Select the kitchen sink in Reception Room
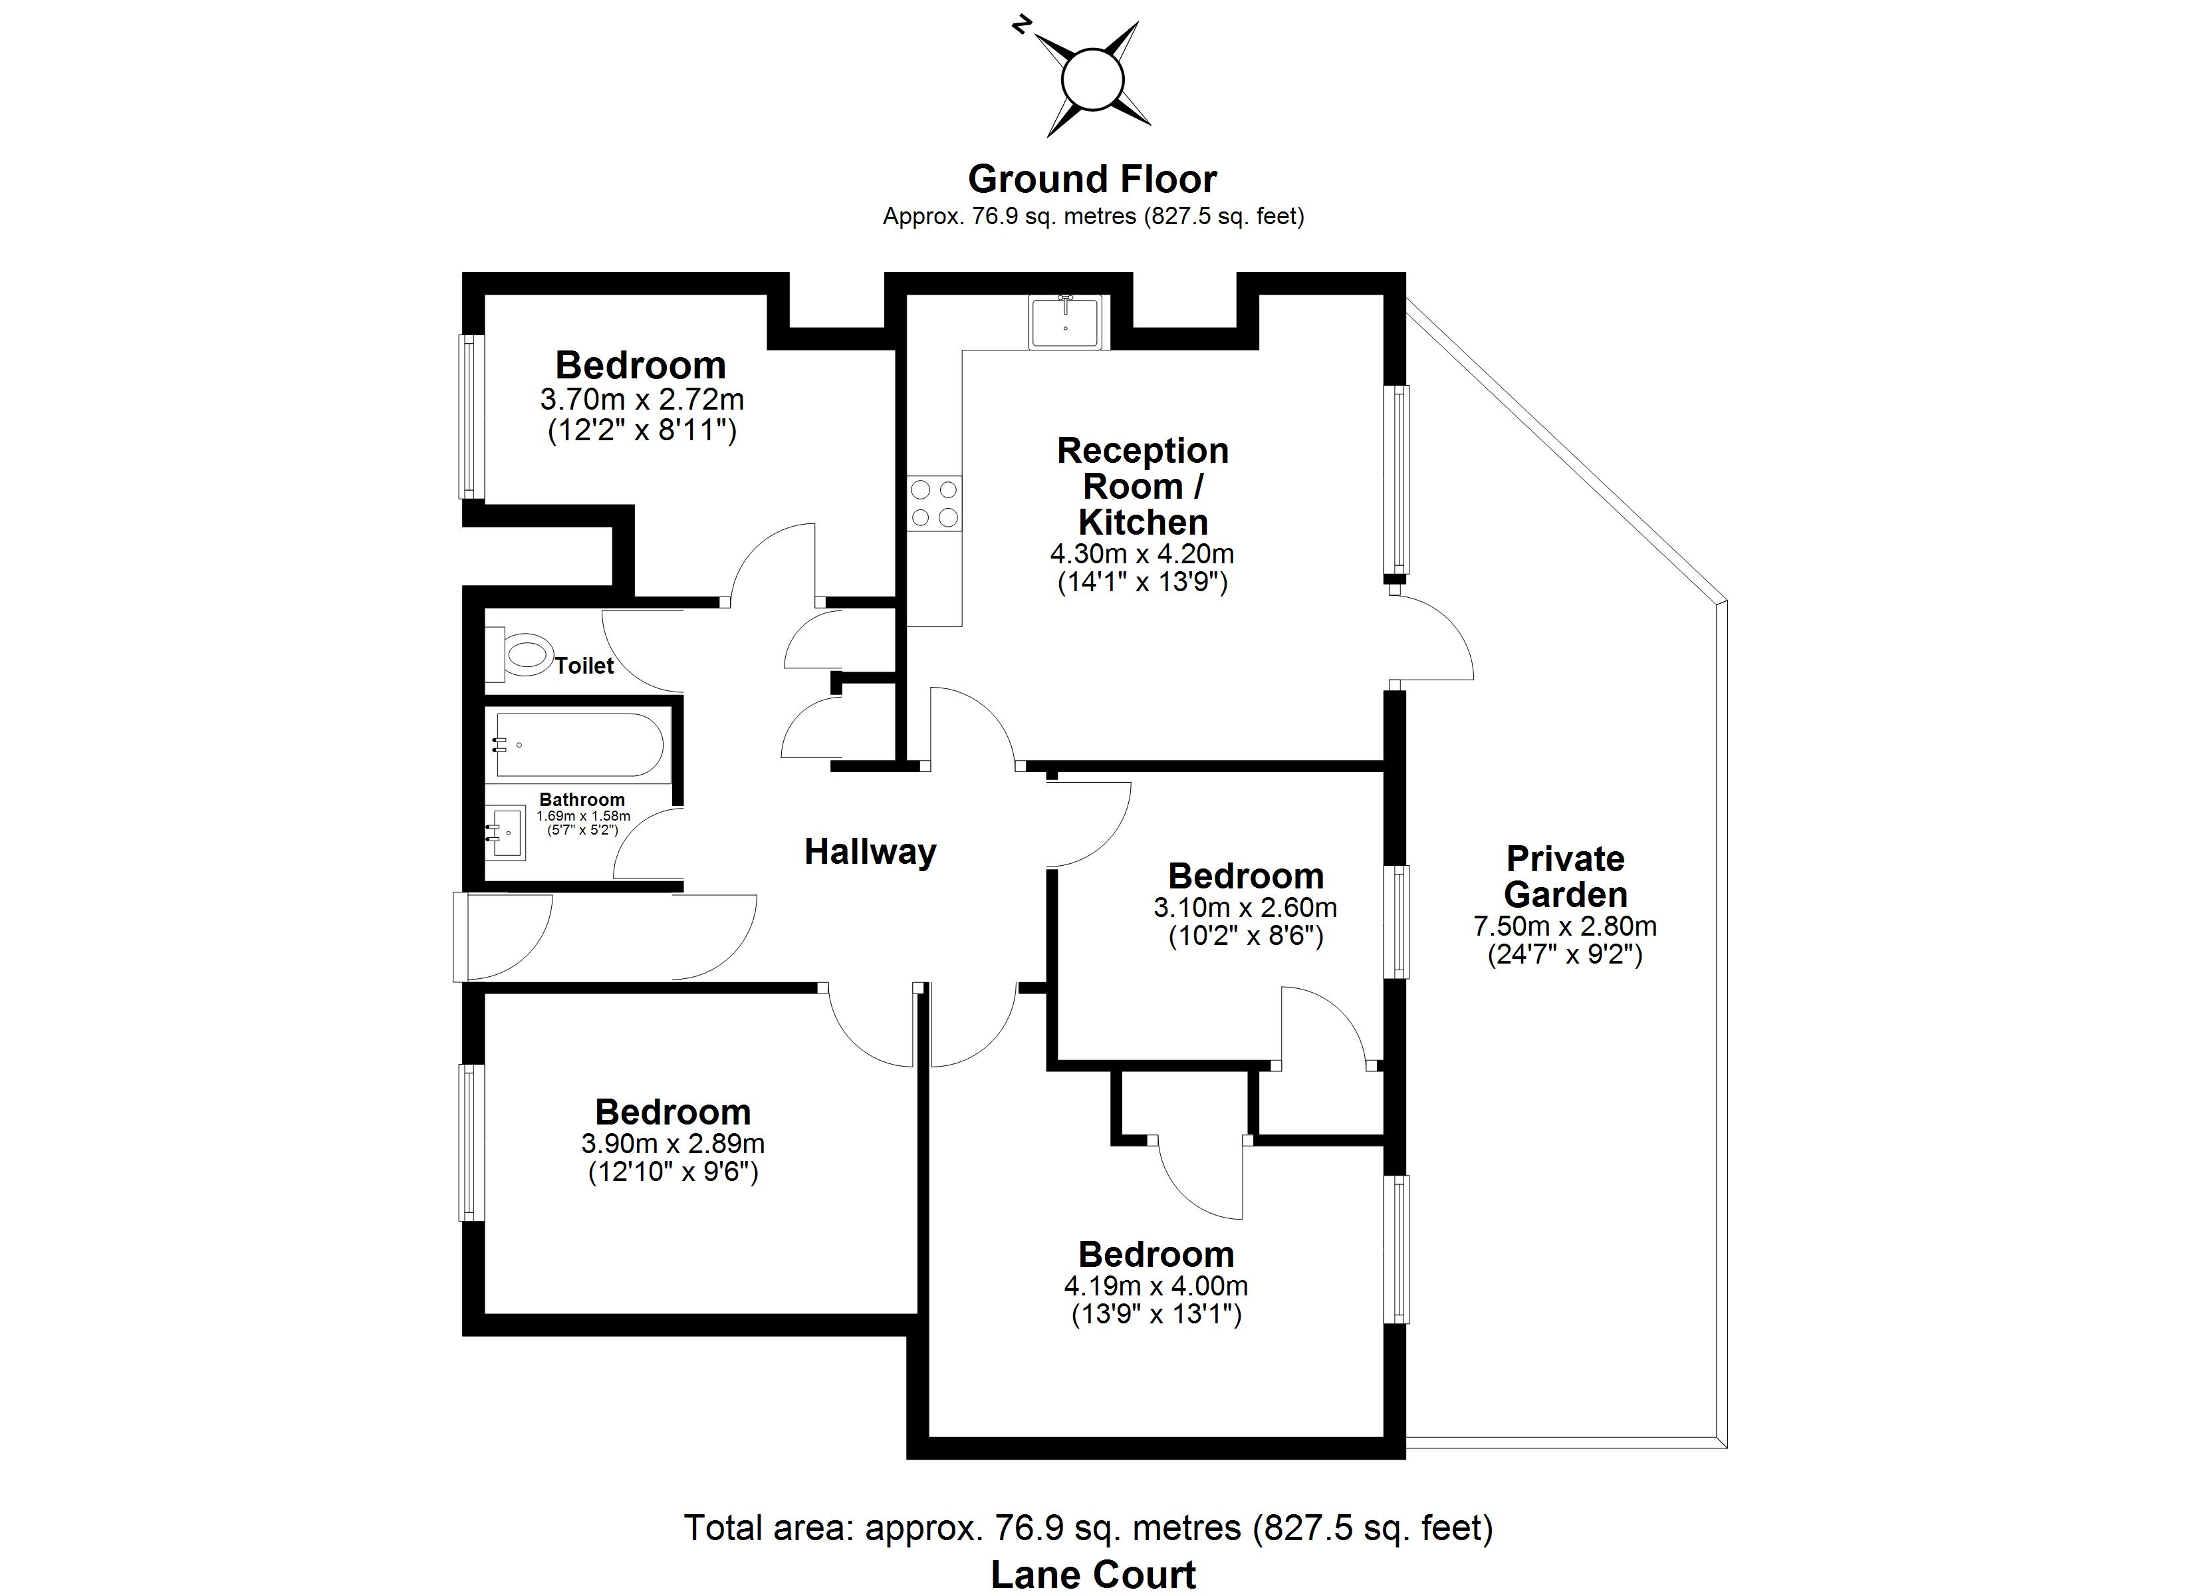pyautogui.click(x=1065, y=321)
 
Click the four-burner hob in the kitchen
pyautogui.click(x=935, y=503)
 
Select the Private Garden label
pyautogui.click(x=1564, y=876)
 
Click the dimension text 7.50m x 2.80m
pyautogui.click(x=1564, y=926)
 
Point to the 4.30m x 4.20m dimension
pyautogui.click(x=1142, y=554)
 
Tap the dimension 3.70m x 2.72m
pyautogui.click(x=642, y=399)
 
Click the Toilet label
pyautogui.click(x=584, y=666)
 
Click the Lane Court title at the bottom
pyautogui.click(x=1092, y=1575)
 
